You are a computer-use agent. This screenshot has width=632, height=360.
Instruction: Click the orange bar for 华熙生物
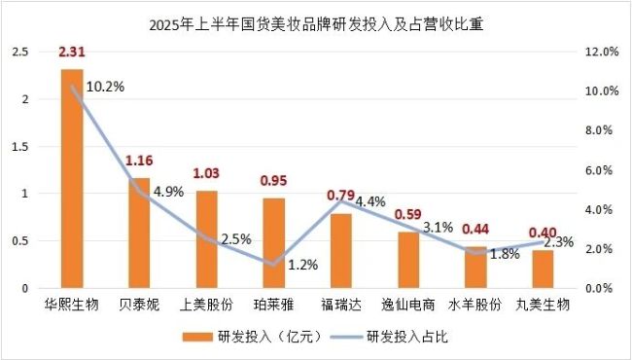pyautogui.click(x=72, y=179)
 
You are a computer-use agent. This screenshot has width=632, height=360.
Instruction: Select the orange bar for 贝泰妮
pyautogui.click(x=139, y=234)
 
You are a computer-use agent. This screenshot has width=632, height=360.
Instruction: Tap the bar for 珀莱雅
pyautogui.click(x=273, y=243)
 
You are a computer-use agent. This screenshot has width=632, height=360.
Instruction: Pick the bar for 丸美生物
pyautogui.click(x=542, y=270)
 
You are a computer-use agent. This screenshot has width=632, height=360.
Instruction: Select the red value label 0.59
pyautogui.click(x=407, y=213)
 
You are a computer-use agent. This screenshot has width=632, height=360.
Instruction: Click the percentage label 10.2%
pyautogui.click(x=106, y=86)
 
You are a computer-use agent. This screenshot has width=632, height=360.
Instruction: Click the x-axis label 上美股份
pyautogui.click(x=206, y=306)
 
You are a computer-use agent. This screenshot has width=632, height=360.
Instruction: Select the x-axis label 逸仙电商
pyautogui.click(x=407, y=306)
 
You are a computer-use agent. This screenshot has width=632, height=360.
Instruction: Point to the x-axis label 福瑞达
pyautogui.click(x=340, y=306)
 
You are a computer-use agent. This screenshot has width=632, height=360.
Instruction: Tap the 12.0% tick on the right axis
pyautogui.click(x=603, y=53)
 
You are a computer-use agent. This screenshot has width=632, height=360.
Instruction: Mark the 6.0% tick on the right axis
pyautogui.click(x=603, y=170)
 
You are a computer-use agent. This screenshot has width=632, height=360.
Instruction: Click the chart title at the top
pyautogui.click(x=317, y=24)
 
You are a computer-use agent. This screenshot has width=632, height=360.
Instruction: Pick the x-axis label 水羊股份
pyautogui.click(x=474, y=306)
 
